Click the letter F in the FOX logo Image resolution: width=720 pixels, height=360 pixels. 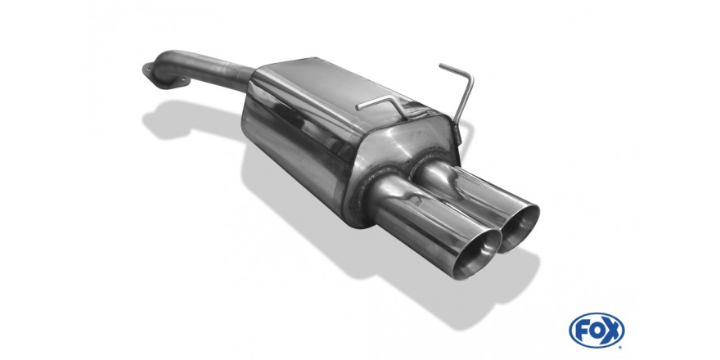pyautogui.click(x=582, y=330)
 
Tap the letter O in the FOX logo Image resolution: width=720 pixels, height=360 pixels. pyautogui.click(x=596, y=330)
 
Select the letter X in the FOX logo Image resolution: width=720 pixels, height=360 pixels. pyautogui.click(x=612, y=330)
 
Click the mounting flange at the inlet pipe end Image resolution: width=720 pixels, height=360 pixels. pyautogui.click(x=165, y=77)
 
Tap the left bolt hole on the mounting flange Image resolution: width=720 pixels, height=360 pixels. pyautogui.click(x=147, y=70)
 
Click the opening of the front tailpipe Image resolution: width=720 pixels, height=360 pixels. pyautogui.click(x=480, y=254)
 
